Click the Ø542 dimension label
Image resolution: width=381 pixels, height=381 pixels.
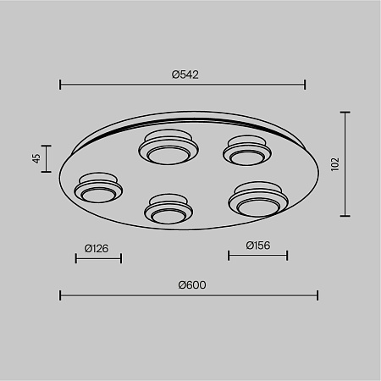tap(185, 75)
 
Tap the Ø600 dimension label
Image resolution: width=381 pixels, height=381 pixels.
tap(192, 285)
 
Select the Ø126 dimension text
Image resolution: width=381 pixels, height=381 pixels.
tap(97, 248)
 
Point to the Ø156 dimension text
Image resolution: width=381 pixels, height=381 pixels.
tap(258, 246)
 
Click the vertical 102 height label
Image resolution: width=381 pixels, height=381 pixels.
tap(335, 164)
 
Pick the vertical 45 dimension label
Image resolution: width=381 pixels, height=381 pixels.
tap(36, 158)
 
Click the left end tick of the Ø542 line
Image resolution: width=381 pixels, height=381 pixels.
tap(60, 85)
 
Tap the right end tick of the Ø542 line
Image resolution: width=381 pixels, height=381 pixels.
tap(305, 85)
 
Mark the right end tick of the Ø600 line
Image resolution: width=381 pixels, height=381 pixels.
tap(317, 295)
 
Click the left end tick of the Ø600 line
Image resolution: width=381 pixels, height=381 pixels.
tap(60, 295)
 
